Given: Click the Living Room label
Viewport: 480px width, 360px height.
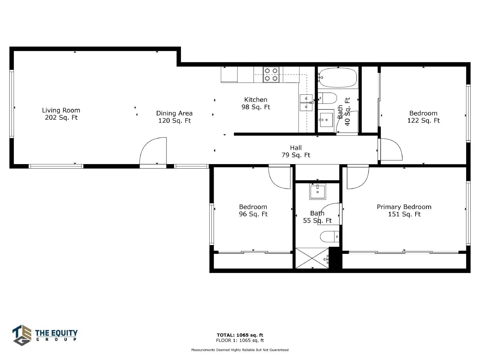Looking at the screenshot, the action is pyautogui.click(x=61, y=114).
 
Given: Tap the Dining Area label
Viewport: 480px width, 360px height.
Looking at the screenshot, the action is pyautogui.click(x=174, y=117).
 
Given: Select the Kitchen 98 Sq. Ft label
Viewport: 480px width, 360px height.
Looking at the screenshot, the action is pyautogui.click(x=256, y=103).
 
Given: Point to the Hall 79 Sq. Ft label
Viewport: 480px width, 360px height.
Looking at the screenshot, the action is pyautogui.click(x=296, y=151).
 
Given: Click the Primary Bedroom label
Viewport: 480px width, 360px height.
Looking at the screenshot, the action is pyautogui.click(x=404, y=210).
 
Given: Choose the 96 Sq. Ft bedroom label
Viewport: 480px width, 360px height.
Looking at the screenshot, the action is pyautogui.click(x=253, y=210).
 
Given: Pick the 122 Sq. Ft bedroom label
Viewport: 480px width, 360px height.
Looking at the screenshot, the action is pyautogui.click(x=423, y=117).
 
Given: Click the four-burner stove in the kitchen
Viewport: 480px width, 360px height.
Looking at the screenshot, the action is pyautogui.click(x=271, y=74).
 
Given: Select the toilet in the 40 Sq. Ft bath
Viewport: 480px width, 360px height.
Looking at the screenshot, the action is pyautogui.click(x=327, y=98).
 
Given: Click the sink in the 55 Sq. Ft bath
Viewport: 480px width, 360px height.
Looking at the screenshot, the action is pyautogui.click(x=317, y=191).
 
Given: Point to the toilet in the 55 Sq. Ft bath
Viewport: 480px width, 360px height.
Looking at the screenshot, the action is pyautogui.click(x=330, y=236).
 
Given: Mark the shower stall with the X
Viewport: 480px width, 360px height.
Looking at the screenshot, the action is pyautogui.click(x=312, y=258).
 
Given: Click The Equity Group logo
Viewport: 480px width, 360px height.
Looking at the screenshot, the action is pyautogui.click(x=45, y=335).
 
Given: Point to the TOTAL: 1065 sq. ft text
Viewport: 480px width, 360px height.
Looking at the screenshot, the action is pyautogui.click(x=240, y=335).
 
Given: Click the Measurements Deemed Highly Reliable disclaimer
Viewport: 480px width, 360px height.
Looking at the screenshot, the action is pyautogui.click(x=240, y=350).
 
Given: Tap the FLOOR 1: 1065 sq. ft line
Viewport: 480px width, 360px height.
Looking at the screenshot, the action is pyautogui.click(x=240, y=340).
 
